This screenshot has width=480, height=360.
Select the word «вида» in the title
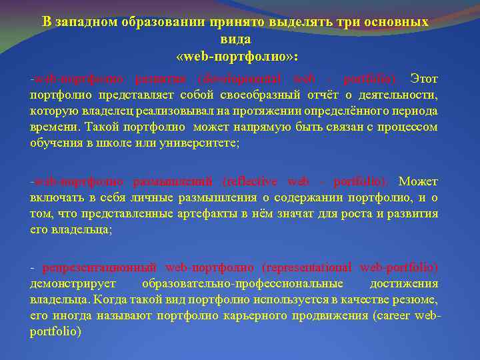tap(240, 39)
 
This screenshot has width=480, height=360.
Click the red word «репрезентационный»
tap(99, 268)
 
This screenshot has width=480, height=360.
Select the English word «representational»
tap(307, 268)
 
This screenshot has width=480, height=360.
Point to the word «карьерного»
tap(261, 315)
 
